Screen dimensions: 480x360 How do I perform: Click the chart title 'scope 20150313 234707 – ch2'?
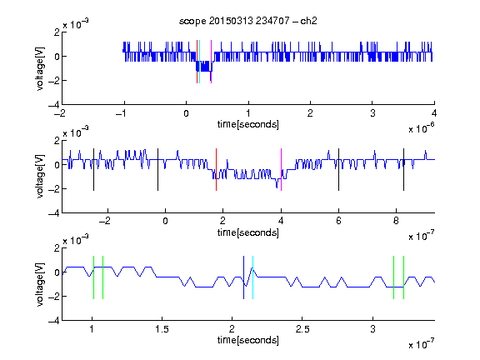pos(248,21)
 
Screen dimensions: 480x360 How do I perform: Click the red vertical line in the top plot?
pos(197,62)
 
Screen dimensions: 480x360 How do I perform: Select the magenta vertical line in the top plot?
pos(211,62)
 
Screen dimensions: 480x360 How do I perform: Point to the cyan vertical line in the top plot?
pos(200,62)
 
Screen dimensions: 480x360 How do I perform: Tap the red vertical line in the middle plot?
pos(216,170)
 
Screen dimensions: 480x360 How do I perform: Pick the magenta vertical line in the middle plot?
pos(281,170)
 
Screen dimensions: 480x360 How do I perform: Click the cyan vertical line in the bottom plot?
pos(252,277)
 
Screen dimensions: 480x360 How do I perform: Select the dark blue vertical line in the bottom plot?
pos(243,277)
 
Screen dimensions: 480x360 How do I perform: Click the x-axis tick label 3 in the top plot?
pos(372,113)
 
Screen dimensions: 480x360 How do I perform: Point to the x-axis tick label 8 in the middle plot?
pos(396,221)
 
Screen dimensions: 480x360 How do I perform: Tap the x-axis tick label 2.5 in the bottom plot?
pos(302,329)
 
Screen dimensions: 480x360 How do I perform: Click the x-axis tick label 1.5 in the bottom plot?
pos(162,329)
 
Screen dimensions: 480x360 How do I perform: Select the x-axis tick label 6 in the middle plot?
pos(338,221)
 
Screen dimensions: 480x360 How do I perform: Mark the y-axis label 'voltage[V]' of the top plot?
pos(40,68)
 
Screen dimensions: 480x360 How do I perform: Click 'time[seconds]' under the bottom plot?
pos(248,340)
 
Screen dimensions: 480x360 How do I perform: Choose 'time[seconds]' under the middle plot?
pos(248,232)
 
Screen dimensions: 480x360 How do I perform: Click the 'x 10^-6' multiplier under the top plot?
pos(421,128)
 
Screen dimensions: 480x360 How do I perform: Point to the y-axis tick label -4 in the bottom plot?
pos(53,321)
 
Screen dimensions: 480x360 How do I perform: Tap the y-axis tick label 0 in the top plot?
pos(57,57)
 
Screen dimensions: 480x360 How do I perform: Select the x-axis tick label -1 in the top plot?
pos(121,113)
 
